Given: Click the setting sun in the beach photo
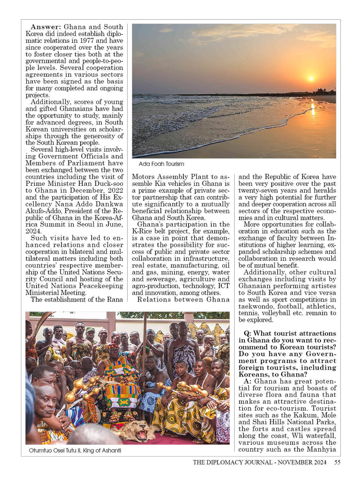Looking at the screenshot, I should coord(311,78).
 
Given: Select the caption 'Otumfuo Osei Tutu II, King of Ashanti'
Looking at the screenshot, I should coord(74,450).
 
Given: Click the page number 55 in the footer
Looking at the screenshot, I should coord(337,462).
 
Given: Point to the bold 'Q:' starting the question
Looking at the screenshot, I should coord(248,334).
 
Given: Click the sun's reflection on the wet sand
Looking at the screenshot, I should coord(312,109).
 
